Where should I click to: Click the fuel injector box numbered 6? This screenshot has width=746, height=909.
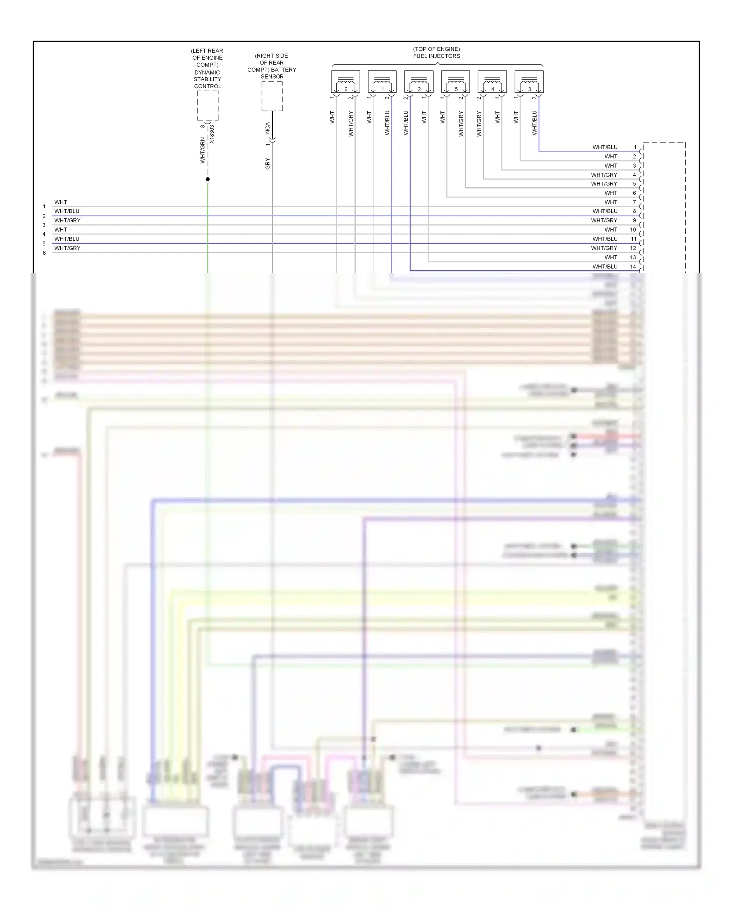point(346,82)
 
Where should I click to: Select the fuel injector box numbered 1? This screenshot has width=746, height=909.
point(382,82)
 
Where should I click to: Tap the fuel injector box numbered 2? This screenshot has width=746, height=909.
point(419,82)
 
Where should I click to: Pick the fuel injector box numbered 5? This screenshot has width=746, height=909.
point(456,82)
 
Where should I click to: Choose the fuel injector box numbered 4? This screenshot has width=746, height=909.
point(492,82)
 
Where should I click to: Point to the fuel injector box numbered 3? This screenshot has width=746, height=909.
point(529,82)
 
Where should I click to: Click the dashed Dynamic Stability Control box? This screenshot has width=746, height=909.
point(207,105)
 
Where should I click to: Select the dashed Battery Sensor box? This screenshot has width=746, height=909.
point(272,96)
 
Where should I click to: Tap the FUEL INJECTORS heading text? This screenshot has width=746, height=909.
point(436,56)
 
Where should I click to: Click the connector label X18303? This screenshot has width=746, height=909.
point(212,134)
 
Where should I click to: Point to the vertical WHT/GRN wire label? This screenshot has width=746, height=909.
point(202,151)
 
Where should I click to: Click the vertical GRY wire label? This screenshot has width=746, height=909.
point(267,164)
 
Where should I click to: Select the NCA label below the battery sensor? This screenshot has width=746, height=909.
point(267,128)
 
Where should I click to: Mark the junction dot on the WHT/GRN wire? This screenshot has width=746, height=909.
point(208,179)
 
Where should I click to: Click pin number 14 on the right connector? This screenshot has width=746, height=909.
point(633,267)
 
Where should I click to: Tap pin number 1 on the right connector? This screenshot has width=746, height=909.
point(635,147)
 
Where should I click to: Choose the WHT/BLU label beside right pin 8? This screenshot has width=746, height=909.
point(605,211)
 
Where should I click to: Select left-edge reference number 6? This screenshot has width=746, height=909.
point(44,253)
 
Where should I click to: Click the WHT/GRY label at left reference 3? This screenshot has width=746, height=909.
point(67,220)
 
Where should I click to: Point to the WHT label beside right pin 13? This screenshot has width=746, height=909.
point(611,257)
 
